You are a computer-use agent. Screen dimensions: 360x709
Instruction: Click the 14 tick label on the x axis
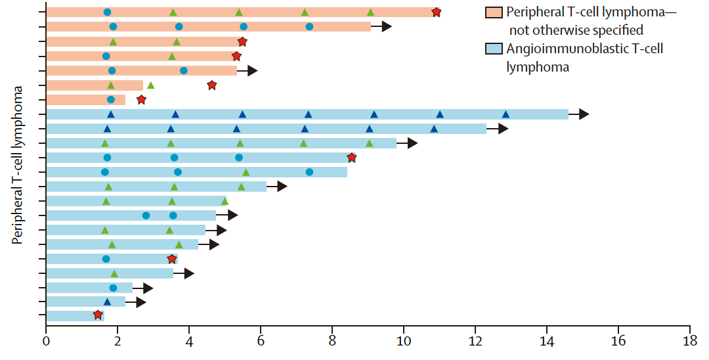click(x=547, y=342)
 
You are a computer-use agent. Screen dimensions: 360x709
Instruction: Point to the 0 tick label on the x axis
click(x=46, y=342)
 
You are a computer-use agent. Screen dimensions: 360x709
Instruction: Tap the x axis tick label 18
click(x=690, y=342)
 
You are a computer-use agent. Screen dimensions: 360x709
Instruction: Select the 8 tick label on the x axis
click(x=333, y=342)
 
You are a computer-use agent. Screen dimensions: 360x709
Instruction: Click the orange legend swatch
click(x=493, y=12)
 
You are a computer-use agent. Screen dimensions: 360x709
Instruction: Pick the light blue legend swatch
click(x=493, y=49)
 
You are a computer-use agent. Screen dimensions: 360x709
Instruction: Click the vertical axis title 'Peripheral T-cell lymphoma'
click(x=18, y=164)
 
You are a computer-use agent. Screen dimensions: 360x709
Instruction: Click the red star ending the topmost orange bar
click(x=437, y=12)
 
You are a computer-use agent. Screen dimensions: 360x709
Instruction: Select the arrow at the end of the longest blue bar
click(x=579, y=114)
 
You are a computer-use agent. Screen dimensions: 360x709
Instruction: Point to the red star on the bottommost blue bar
click(x=98, y=315)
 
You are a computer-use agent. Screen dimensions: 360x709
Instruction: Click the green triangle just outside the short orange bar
click(x=150, y=85)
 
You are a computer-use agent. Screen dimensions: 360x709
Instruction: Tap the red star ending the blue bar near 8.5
click(x=352, y=158)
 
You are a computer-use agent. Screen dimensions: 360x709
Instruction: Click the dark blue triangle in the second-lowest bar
click(x=107, y=302)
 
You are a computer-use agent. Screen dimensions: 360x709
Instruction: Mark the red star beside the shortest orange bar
click(x=141, y=100)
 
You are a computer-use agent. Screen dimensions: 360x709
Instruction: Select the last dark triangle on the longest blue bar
click(x=505, y=114)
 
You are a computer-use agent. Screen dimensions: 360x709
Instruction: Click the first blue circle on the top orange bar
click(x=107, y=12)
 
